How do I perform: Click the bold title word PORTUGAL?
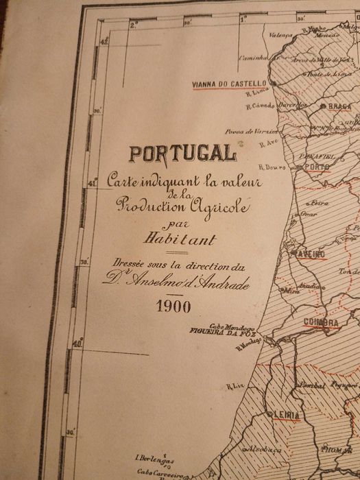182,154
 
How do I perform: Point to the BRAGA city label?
339,107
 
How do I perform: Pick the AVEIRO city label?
310,253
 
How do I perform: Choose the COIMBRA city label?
322,322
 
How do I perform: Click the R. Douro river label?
271,167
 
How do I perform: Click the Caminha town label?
252,58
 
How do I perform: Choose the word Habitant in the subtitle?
179,239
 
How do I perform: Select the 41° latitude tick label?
94,181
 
